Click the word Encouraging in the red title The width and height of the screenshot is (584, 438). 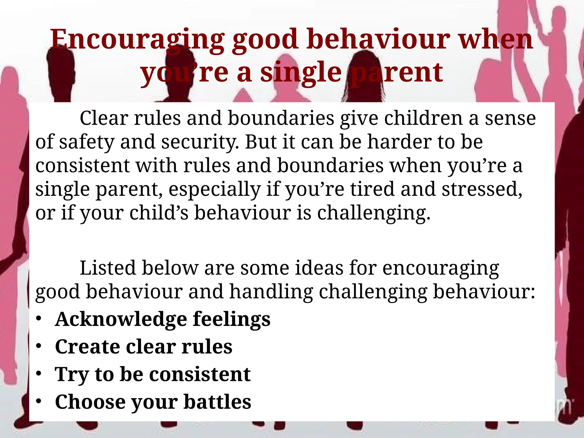pyautogui.click(x=137, y=40)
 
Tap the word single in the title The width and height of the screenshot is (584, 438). pyautogui.click(x=301, y=73)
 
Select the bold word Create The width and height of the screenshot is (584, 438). pyautogui.click(x=87, y=347)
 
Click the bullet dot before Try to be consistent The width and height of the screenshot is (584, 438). pyautogui.click(x=39, y=374)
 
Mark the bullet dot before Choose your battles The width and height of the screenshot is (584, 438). pyautogui.click(x=39, y=401)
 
